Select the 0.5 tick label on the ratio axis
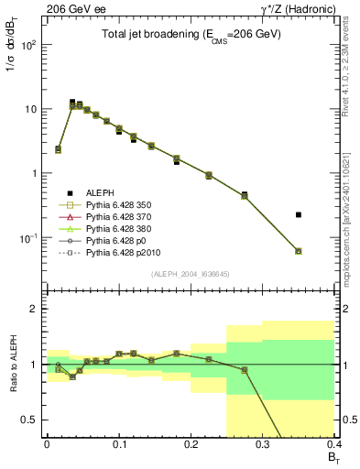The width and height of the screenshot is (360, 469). (32, 420)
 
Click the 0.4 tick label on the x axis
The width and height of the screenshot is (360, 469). (333, 442)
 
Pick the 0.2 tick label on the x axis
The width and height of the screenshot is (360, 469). (191, 442)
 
